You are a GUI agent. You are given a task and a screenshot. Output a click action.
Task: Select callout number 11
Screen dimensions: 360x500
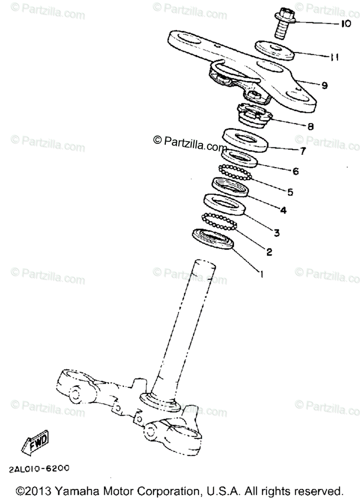click(x=335, y=57)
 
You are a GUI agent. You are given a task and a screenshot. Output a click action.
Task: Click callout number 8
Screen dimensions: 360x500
click(x=310, y=126)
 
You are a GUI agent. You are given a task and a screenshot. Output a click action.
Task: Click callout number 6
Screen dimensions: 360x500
click(x=295, y=171)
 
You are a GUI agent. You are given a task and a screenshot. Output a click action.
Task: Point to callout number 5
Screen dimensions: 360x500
click(x=290, y=192)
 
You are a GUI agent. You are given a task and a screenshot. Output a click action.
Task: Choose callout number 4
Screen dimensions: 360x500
click(x=283, y=210)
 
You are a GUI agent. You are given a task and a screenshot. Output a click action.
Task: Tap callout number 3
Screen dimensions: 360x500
click(x=276, y=232)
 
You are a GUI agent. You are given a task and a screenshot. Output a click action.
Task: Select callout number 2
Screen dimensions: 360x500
click(x=269, y=252)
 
